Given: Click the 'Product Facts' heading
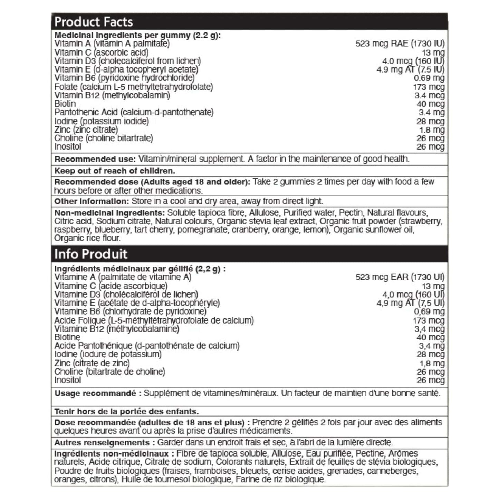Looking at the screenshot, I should pos(94,22).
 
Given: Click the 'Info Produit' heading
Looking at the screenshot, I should pos(91,254).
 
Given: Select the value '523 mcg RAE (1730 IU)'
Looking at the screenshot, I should pos(400,44).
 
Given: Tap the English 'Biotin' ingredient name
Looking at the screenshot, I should pos(65,104).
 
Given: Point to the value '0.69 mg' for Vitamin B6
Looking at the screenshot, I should pos(429,78).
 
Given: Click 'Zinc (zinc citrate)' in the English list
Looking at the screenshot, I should pos(86,130).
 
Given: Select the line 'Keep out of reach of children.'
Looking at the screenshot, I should pos(115,171).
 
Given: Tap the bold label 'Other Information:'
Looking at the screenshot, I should pos(92,201).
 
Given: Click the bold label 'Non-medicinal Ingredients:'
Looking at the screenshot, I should pos(109,213).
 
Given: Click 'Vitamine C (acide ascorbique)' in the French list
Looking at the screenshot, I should pos(111,286).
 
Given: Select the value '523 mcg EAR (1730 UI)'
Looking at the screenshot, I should pos(400,277).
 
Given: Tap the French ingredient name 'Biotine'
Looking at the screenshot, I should pos(67,337).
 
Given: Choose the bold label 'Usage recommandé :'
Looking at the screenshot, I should pos(98,393).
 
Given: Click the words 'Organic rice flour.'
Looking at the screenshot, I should pos(87,238).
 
